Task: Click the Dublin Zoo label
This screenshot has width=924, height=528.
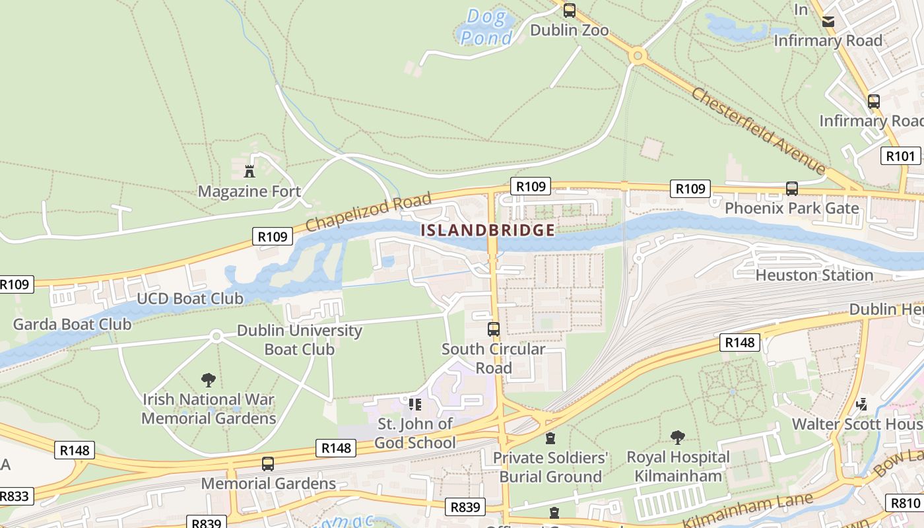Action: pyautogui.click(x=569, y=30)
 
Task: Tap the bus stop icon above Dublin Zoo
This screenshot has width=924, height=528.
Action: pyautogui.click(x=569, y=11)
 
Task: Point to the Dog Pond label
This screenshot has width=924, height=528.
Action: pyautogui.click(x=487, y=27)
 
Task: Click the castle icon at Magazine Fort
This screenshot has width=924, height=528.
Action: pyautogui.click(x=249, y=172)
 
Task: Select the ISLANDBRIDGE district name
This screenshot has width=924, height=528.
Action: pyautogui.click(x=488, y=230)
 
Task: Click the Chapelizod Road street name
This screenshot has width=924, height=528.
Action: pyautogui.click(x=369, y=211)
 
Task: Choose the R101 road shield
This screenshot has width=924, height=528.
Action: pyautogui.click(x=900, y=156)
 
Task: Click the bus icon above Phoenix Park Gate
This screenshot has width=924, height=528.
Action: pyautogui.click(x=792, y=189)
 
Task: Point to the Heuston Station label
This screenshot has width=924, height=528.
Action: pyautogui.click(x=814, y=275)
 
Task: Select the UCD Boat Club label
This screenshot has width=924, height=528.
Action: pyautogui.click(x=189, y=298)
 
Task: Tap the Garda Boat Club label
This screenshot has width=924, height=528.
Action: pyautogui.click(x=72, y=324)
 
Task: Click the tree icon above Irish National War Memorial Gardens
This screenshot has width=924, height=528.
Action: pyautogui.click(x=209, y=380)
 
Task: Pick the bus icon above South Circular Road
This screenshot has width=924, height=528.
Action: pyautogui.click(x=493, y=329)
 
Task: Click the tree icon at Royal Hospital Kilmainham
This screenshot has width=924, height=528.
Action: pyautogui.click(x=678, y=437)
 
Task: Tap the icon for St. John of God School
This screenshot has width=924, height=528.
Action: pyautogui.click(x=414, y=404)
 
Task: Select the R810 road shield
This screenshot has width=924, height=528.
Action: pyautogui.click(x=906, y=503)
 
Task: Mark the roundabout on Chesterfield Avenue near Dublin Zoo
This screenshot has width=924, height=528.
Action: pyautogui.click(x=637, y=55)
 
